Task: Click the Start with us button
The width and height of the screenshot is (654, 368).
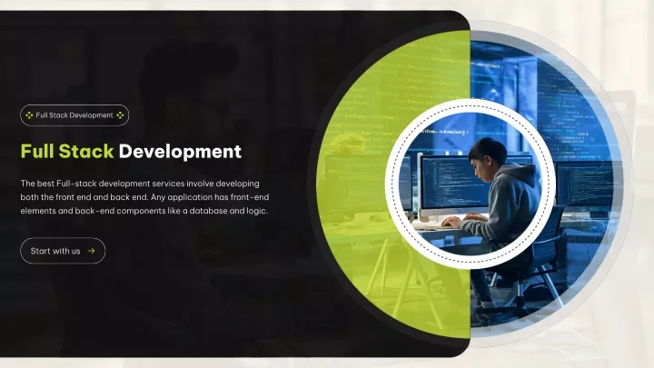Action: [x=63, y=251]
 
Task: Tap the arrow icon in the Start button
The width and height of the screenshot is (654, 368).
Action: [x=92, y=251]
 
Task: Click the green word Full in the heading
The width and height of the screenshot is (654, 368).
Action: [x=37, y=151]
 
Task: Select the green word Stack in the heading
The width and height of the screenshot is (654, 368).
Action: [x=86, y=151]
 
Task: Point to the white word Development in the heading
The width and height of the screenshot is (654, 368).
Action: [x=180, y=152]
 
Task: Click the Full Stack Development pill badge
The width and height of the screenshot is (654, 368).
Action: [x=74, y=115]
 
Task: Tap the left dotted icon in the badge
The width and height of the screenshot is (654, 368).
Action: [x=29, y=115]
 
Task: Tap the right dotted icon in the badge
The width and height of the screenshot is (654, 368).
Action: [x=120, y=115]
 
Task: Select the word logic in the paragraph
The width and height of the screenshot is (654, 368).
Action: [x=256, y=211]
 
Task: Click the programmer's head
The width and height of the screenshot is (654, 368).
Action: [x=486, y=155]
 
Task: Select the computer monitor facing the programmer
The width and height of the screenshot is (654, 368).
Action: [x=453, y=184]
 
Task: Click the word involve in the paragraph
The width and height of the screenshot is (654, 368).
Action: [x=200, y=184]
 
